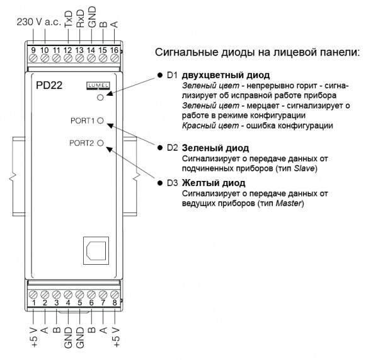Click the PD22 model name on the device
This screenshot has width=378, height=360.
(49, 85)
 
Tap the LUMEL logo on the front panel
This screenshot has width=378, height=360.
(98, 86)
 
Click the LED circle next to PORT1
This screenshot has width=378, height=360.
(101, 120)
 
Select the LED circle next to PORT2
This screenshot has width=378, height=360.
(101, 143)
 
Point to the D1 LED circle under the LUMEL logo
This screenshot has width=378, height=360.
(100, 98)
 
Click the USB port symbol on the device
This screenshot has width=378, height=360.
(96, 251)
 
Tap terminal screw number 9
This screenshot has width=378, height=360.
(33, 58)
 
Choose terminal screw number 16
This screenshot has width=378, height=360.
(115, 58)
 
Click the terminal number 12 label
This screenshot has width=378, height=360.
(68, 50)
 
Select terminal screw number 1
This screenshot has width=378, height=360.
(33, 294)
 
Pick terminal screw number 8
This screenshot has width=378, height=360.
(115, 294)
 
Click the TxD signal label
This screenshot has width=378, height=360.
(69, 19)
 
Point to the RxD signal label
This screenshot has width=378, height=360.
(80, 18)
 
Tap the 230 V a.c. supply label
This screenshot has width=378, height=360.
(39, 22)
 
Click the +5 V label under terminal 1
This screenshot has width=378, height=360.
(34, 337)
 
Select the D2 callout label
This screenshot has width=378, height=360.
(173, 148)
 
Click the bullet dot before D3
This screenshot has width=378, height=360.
(160, 183)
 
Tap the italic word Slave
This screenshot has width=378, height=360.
(304, 168)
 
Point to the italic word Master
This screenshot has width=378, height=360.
(289, 203)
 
